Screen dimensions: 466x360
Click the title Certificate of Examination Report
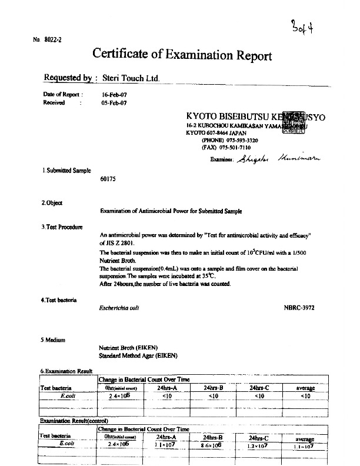click(182, 55)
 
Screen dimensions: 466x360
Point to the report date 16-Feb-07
click(114, 94)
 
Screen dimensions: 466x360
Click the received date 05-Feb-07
click(114, 102)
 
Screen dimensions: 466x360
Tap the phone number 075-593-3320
click(239, 141)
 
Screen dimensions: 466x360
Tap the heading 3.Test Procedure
click(62, 227)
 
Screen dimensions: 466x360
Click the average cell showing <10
click(305, 396)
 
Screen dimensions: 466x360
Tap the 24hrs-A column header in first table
click(166, 388)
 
